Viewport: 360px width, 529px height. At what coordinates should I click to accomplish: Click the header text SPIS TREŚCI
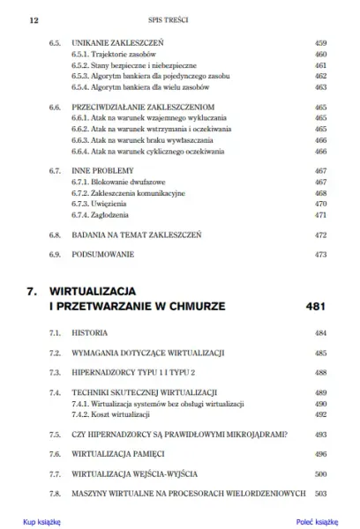pos(179,18)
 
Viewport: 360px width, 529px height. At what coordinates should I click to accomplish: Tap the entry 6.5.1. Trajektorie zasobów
pos(106,54)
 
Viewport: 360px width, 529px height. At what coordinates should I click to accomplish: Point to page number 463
pos(320,88)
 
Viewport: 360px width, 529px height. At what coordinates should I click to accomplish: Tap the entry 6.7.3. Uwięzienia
pos(92,203)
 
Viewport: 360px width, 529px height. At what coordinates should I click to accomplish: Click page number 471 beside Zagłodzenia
pos(320,214)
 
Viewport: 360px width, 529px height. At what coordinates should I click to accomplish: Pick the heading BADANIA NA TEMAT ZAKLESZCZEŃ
pos(139,235)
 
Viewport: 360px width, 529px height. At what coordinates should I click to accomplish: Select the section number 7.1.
pos(55,335)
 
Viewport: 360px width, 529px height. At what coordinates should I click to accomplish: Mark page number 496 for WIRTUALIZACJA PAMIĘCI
pos(320,454)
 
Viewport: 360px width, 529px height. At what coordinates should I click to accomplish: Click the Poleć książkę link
pos(317,522)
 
